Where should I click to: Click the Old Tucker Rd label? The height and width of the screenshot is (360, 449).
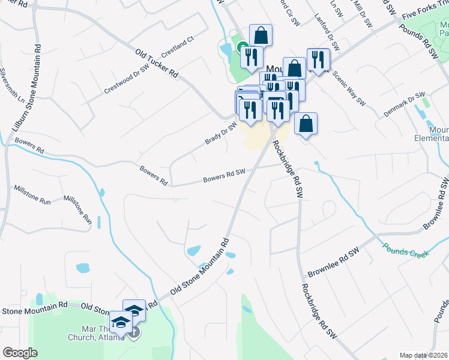(157, 64)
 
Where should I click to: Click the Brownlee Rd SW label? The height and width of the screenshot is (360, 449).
(333, 262)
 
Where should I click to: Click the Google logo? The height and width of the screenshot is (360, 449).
(20, 353)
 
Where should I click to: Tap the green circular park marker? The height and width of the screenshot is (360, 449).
(243, 47)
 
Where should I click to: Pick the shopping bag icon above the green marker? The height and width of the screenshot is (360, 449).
(261, 35)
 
